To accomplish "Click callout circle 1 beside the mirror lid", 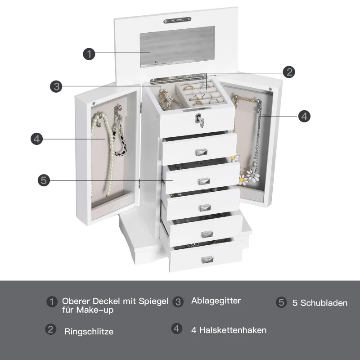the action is (x=89, y=54).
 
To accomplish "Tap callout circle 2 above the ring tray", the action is (x=289, y=72).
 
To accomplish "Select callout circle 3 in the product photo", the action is (x=56, y=86).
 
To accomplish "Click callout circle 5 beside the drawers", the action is (x=44, y=180).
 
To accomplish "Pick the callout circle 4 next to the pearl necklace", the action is (x=37, y=139).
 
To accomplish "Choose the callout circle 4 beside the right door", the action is (x=304, y=116).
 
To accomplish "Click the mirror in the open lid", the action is (x=177, y=47).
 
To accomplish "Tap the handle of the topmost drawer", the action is (x=201, y=152).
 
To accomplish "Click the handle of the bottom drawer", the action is (x=207, y=260).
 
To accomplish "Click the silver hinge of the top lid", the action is (x=178, y=78).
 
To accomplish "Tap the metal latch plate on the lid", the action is (x=177, y=20).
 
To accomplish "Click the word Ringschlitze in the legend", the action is (x=89, y=331).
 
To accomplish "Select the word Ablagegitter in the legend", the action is (x=216, y=301).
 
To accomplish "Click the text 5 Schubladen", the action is (x=320, y=303).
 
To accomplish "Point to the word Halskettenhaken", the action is (x=233, y=330).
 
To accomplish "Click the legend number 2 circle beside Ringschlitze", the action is (x=51, y=329).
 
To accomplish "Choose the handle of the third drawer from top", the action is (x=205, y=208).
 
